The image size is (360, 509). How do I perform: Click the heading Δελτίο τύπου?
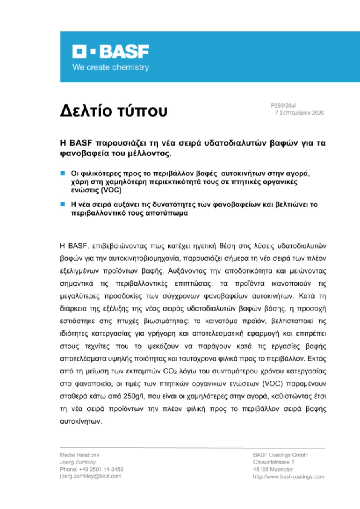tap(113, 111)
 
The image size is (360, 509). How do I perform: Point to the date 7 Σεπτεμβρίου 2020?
tap(300, 113)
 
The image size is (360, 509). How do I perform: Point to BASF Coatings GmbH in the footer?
tap(280, 455)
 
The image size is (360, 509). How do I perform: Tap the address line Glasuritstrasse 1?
tap(274, 462)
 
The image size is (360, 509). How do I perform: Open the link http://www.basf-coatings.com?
tap(289, 476)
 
